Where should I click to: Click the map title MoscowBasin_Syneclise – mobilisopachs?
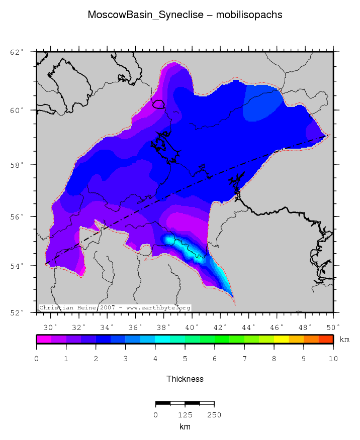pyautogui.click(x=185, y=15)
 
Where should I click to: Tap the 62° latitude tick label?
pyautogui.click(x=17, y=52)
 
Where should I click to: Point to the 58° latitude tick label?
pyautogui.click(x=17, y=165)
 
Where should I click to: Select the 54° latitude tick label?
pyautogui.click(x=17, y=266)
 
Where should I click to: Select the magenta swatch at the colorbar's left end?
pyautogui.click(x=44, y=339)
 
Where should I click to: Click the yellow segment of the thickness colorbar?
pyautogui.click(x=281, y=339)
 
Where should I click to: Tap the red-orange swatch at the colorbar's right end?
pyautogui.click(x=326, y=339)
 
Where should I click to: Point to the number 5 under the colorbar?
pyautogui.click(x=185, y=359)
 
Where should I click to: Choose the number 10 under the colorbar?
pyautogui.click(x=333, y=359)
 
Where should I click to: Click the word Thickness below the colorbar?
pyautogui.click(x=185, y=379)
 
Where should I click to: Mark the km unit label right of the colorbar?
pyautogui.click(x=344, y=340)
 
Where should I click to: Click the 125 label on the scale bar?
pyautogui.click(x=185, y=415)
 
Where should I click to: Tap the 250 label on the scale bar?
pyautogui.click(x=214, y=415)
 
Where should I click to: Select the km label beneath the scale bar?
pyautogui.click(x=185, y=427)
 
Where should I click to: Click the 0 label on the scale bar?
pyautogui.click(x=156, y=415)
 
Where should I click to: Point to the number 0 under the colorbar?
pyautogui.click(x=37, y=359)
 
